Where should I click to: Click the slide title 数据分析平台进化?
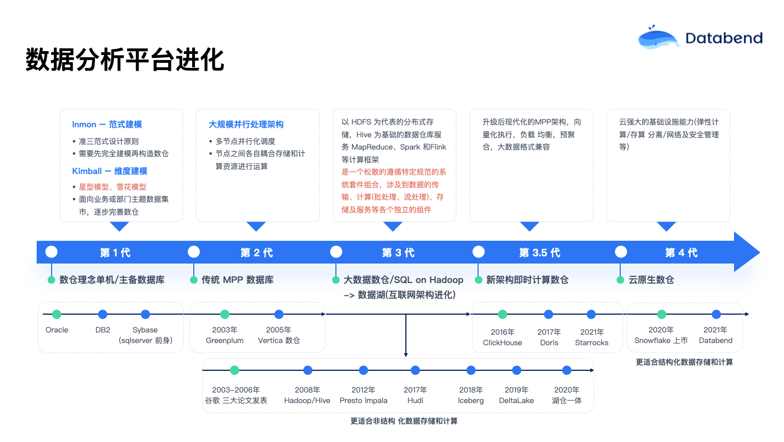point(125,59)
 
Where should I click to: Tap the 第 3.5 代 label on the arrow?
point(539,253)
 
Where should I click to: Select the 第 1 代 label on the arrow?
point(115,253)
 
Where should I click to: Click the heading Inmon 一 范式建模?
point(107,125)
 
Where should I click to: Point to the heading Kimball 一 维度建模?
point(110,171)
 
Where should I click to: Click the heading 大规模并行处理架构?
point(246,125)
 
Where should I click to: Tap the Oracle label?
point(57,330)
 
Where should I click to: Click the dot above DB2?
point(103,314)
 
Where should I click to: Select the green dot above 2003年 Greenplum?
point(224,314)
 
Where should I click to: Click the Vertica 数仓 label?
point(279,340)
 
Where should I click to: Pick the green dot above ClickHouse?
point(502,314)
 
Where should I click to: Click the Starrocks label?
point(591,342)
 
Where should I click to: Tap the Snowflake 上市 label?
point(661,340)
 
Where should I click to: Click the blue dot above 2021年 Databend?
point(716,314)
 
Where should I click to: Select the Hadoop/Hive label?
point(307,400)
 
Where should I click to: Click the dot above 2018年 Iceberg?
point(471,370)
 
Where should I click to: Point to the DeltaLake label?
point(516,400)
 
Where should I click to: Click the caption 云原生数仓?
point(651,280)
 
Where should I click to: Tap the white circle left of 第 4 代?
point(621,252)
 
